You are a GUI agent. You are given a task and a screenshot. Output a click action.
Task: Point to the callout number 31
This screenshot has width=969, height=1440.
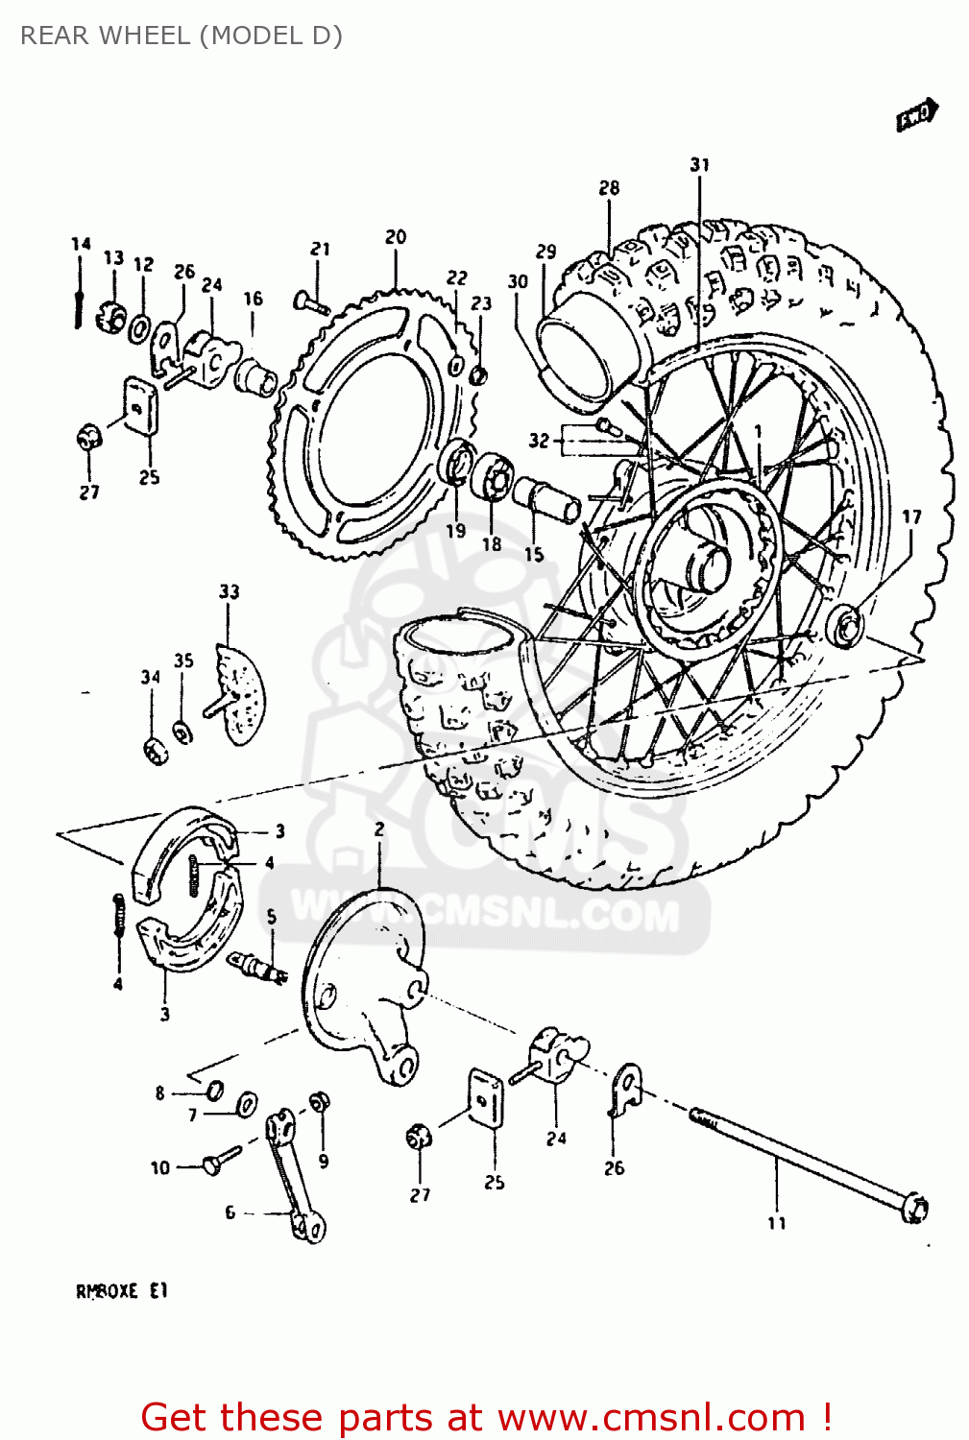pos(699,165)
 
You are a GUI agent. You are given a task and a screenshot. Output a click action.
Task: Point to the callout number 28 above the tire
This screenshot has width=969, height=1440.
pos(609,188)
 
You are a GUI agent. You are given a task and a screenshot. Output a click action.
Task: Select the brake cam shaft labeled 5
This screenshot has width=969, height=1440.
pos(257,966)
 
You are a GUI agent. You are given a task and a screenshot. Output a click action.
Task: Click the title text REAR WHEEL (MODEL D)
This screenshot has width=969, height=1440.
pos(181,36)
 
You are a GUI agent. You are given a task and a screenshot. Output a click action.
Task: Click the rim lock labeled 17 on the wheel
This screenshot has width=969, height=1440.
pos(846,626)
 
